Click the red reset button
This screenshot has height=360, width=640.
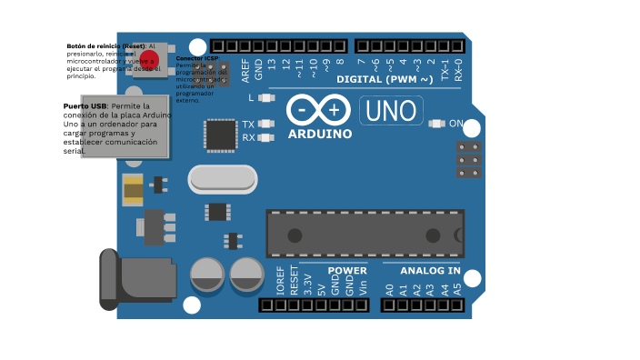(x=149, y=61)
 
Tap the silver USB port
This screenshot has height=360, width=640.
(x=112, y=126)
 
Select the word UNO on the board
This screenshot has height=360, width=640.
(x=392, y=111)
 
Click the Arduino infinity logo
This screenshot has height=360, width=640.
(x=318, y=110)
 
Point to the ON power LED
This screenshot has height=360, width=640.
(x=436, y=124)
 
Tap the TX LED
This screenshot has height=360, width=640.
(x=266, y=124)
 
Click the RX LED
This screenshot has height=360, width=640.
(x=266, y=138)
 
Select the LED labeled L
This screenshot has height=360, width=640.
(x=266, y=97)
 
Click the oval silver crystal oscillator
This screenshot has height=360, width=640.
(x=223, y=179)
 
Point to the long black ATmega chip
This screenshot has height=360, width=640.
(x=365, y=234)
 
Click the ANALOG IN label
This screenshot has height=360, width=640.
(x=430, y=271)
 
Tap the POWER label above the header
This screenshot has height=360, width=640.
(x=347, y=271)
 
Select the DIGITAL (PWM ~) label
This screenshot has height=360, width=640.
(x=397, y=79)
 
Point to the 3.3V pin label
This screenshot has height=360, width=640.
(x=308, y=284)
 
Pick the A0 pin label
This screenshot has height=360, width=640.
(x=389, y=289)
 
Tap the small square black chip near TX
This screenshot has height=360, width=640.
(x=220, y=135)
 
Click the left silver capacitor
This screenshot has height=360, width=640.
(x=207, y=275)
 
